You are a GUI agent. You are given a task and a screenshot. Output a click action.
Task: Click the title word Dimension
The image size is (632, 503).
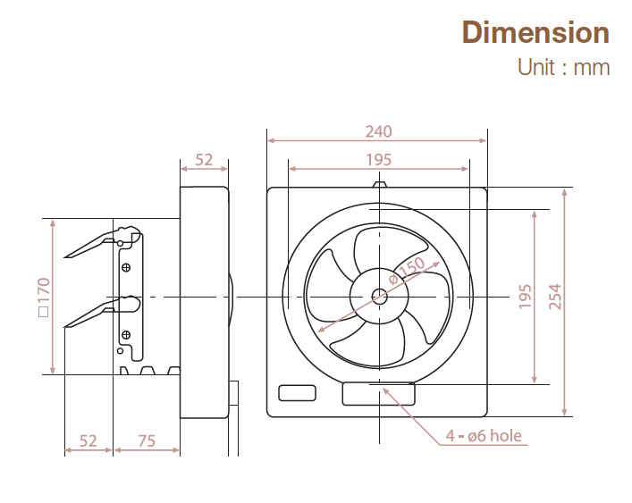pos(535,33)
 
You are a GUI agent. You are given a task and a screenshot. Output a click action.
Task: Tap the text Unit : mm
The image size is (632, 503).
pos(563,67)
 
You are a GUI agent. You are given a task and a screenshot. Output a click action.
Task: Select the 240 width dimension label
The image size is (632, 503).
pos(378,131)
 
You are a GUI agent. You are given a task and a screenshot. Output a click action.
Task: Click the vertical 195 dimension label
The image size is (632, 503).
pos(525,297)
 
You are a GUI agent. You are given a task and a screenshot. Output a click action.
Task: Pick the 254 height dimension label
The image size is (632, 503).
pos(554,297)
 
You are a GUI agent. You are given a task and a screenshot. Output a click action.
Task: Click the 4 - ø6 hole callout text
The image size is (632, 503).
pos(484,437)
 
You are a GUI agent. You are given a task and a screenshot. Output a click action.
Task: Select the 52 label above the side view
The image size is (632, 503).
pos(204,159)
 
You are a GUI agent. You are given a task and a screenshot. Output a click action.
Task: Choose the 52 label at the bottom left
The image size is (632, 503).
pos(88,440)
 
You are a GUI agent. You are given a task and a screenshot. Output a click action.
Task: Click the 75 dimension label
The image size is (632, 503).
pos(147,440)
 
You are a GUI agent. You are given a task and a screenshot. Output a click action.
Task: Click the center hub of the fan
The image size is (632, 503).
pos(380,297)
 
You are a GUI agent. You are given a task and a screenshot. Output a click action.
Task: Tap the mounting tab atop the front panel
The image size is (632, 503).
pos(380,185)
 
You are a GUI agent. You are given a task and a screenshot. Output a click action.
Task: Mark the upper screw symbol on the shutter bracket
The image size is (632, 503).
pos(127,266)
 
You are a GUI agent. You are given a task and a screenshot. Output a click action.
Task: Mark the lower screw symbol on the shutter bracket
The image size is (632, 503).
pos(127,334)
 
